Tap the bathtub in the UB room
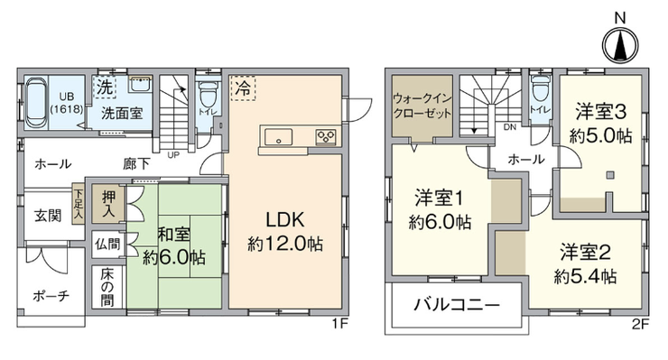35,102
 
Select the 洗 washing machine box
105,87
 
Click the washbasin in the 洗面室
140,84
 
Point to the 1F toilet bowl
209,94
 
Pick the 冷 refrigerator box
243,88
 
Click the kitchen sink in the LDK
279,137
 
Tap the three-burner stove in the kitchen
326,137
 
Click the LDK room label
285,220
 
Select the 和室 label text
174,235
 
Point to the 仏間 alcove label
107,245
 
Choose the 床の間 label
107,287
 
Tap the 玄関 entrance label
48,216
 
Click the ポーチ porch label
51,296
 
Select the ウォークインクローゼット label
422,106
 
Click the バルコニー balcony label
457,305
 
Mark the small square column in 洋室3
610,174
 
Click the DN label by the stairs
509,127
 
